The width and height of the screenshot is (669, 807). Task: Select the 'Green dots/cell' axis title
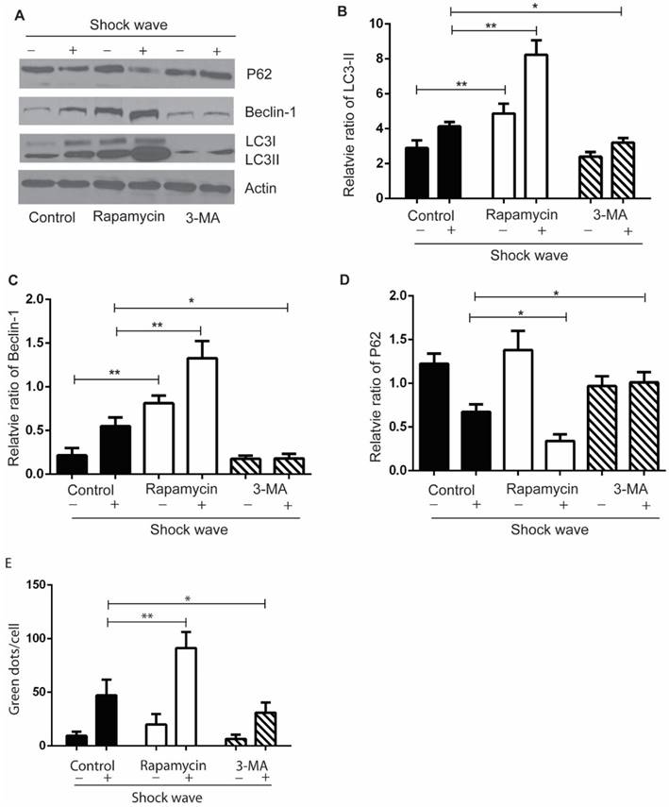point(14,665)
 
